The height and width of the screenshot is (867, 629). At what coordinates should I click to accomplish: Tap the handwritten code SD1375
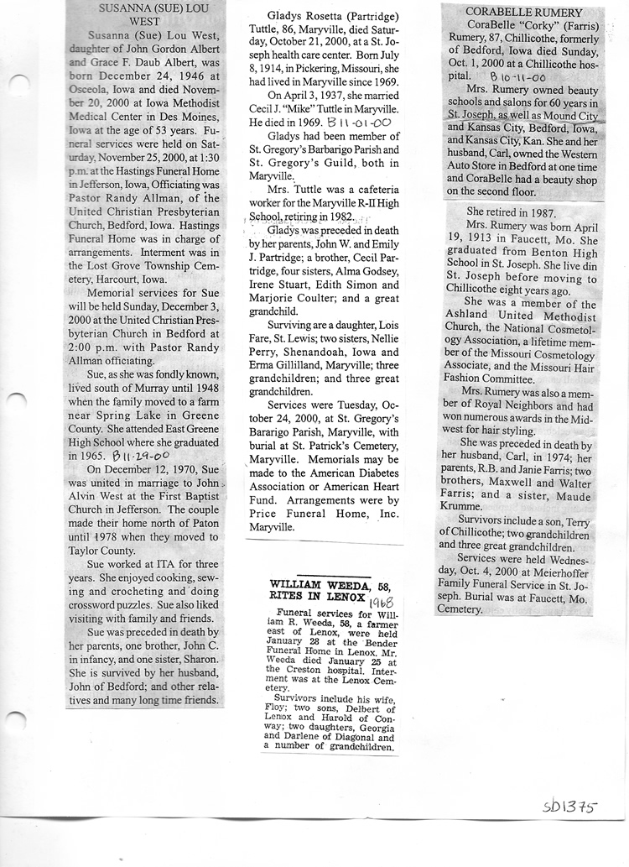pyautogui.click(x=569, y=807)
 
